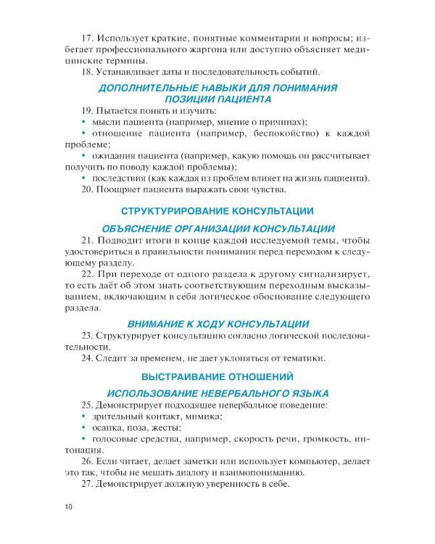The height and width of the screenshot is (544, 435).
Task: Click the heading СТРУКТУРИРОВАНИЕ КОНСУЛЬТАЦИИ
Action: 217,211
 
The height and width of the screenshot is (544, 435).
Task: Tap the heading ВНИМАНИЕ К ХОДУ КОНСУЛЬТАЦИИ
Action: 217,323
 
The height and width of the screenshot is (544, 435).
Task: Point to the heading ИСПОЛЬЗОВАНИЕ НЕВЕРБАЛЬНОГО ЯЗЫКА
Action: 217,392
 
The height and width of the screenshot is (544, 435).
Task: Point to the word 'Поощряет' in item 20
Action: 120,190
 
